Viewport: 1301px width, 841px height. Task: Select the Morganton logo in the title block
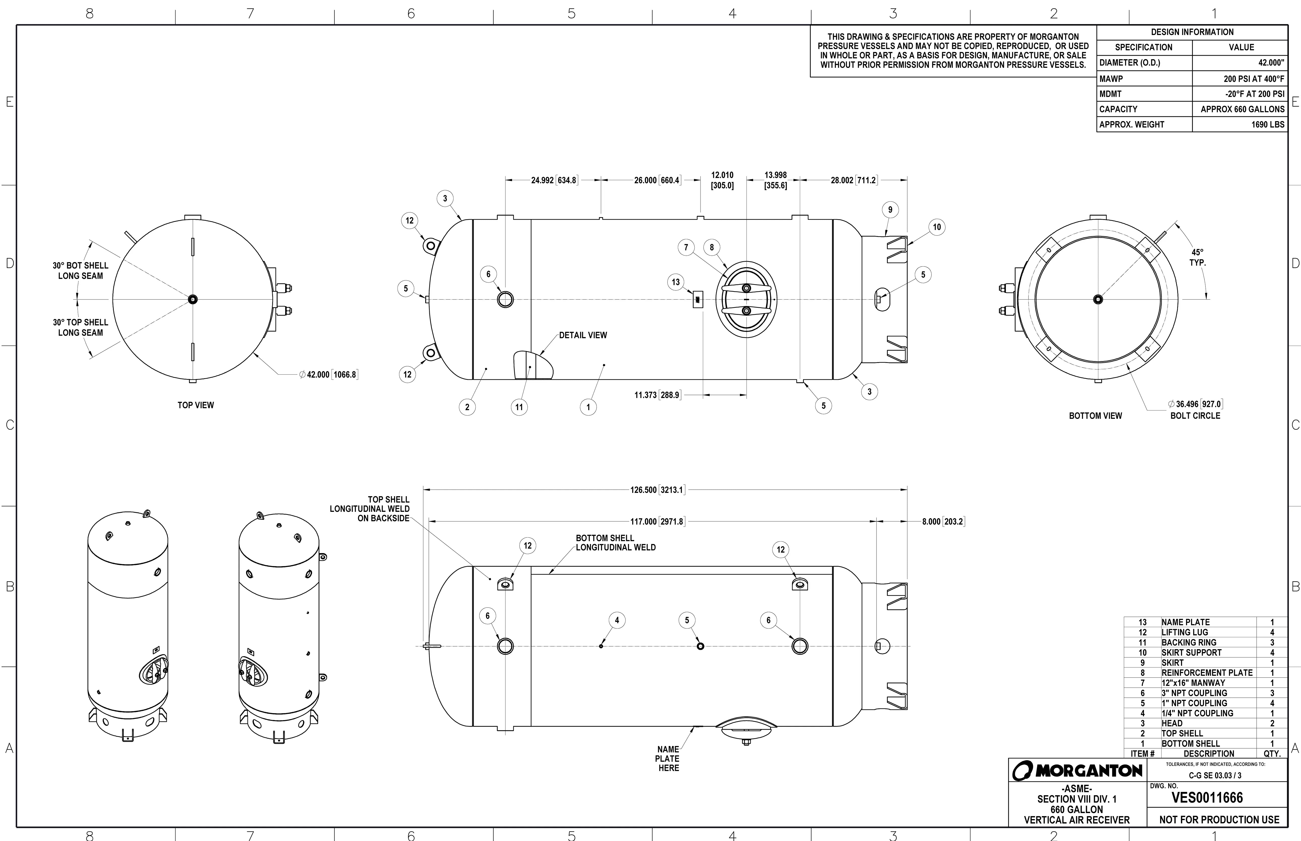(1077, 770)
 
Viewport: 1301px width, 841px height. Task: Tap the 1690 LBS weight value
(1268, 124)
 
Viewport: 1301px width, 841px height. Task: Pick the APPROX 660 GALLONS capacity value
(1242, 109)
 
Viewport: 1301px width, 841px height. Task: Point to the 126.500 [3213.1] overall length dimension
(657, 490)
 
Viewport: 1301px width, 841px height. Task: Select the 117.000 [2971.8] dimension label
(657, 522)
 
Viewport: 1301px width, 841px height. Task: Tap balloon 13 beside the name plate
(676, 282)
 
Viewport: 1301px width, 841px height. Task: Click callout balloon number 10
(936, 227)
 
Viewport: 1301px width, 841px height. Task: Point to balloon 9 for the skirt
(890, 210)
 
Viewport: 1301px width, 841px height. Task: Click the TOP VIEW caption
(196, 405)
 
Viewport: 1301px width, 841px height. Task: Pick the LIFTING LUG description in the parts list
(1185, 632)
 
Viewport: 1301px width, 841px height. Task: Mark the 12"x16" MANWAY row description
(1193, 683)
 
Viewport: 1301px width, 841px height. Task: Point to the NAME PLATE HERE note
(668, 759)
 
